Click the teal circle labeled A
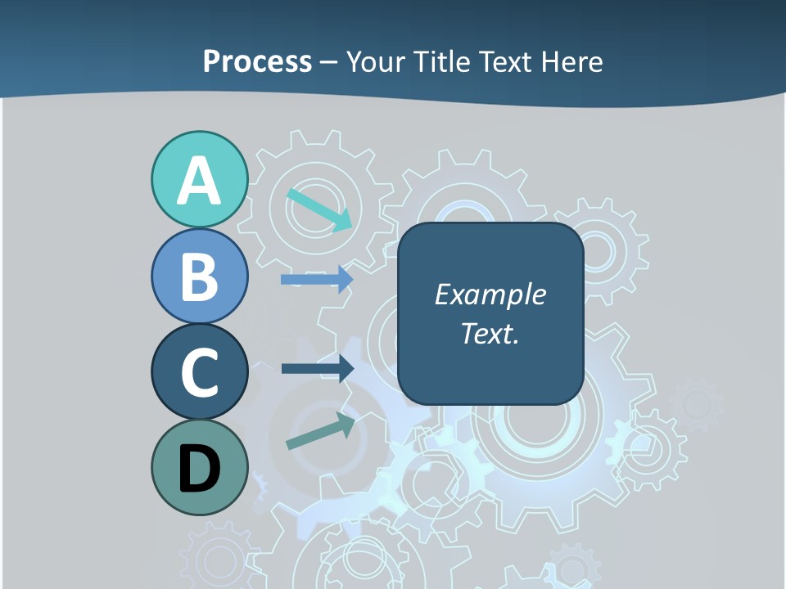(199, 179)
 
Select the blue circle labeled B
(199, 276)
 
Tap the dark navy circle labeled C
(199, 371)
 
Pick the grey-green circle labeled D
(199, 467)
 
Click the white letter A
(199, 181)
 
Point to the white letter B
(199, 277)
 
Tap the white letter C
(199, 372)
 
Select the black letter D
(199, 469)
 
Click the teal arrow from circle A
(319, 209)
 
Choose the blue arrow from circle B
(317, 279)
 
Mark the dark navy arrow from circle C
(317, 368)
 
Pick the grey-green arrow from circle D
(320, 431)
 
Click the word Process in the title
(257, 62)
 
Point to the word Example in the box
(490, 294)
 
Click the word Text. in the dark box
(490, 333)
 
